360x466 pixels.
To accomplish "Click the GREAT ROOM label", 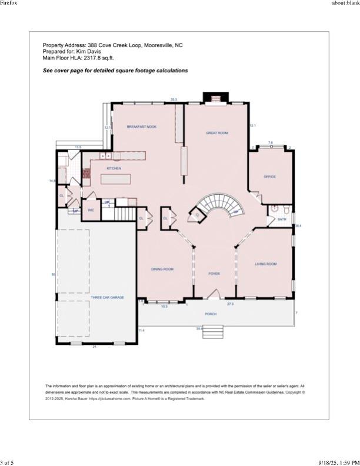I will [216, 133].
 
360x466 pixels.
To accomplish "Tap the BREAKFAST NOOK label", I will [142, 127].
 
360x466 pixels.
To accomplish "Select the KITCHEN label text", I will [114, 169].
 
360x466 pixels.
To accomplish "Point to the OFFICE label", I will [269, 177].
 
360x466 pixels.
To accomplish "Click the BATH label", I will [282, 219].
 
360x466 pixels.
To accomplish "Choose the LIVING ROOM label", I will [265, 264].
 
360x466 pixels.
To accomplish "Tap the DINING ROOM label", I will [162, 269].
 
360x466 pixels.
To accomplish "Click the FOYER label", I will [214, 274].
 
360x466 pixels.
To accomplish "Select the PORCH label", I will [211, 314].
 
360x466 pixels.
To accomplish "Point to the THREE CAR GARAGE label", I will [107, 298].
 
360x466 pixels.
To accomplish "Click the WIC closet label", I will [91, 209].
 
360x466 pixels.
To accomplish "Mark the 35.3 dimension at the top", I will [174, 99].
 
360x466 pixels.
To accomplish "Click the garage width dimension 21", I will [95, 347].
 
